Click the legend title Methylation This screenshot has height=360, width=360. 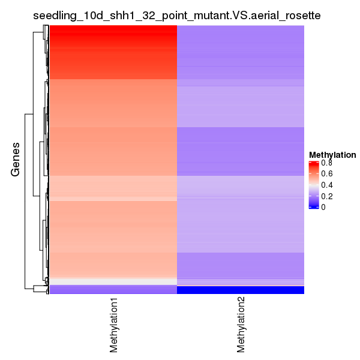point(332,155)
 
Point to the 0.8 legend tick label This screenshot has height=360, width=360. point(326,163)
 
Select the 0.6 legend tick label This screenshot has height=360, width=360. point(326,174)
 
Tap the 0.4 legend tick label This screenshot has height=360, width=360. point(326,185)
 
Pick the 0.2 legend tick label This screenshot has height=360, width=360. point(326,196)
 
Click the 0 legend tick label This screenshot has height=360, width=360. point(323,207)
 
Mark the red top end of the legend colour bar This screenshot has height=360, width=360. point(313,163)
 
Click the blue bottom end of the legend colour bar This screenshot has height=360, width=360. point(313,207)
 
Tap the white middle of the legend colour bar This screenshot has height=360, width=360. point(313,188)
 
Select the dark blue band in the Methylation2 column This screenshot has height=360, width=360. point(241,290)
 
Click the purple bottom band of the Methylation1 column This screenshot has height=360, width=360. point(113,290)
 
